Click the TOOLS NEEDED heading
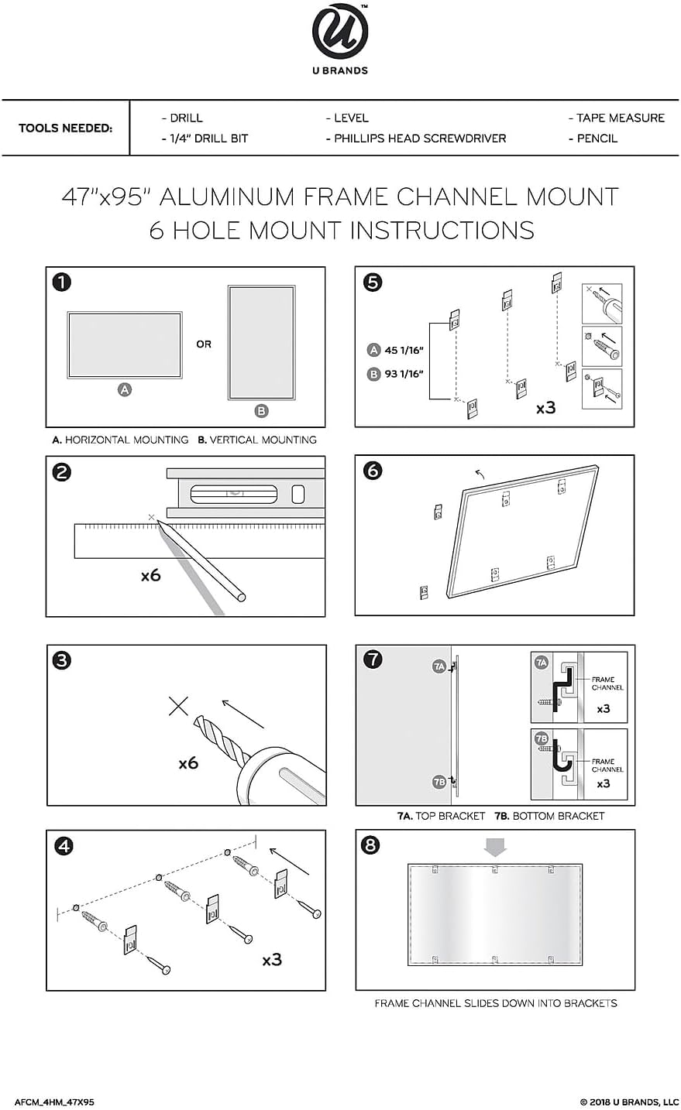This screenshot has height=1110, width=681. [x=65, y=128]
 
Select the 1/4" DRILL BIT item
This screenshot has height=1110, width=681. [x=205, y=139]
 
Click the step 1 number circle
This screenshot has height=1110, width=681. [x=62, y=282]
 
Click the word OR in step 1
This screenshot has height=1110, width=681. [x=204, y=344]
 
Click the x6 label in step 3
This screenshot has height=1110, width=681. [x=188, y=763]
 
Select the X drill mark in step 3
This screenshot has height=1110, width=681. [x=179, y=705]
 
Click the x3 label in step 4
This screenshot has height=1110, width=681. [x=272, y=960]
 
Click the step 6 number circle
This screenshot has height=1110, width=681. [x=372, y=470]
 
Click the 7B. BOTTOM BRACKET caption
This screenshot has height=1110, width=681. [x=549, y=816]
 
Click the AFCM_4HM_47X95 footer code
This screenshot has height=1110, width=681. [x=54, y=1101]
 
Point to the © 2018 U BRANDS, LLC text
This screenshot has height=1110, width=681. [x=629, y=1101]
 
